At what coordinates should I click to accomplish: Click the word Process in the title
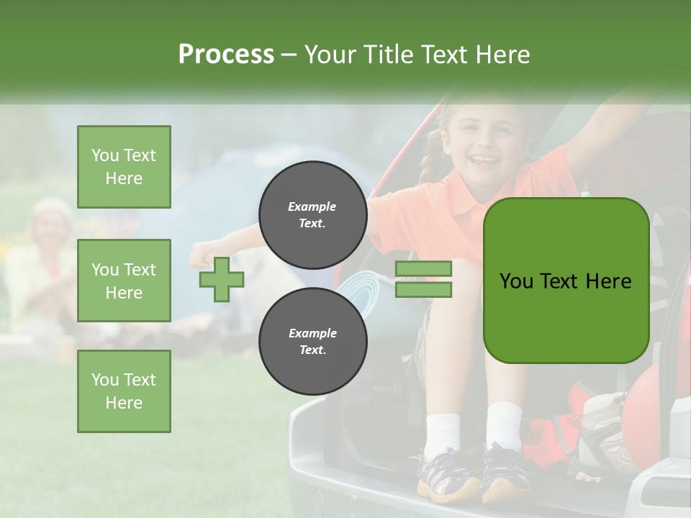click(x=226, y=55)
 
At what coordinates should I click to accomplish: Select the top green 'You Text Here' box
click(x=124, y=167)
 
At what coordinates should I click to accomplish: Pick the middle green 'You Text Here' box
click(x=124, y=281)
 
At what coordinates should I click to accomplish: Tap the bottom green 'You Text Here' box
click(x=124, y=391)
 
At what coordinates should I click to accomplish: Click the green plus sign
click(x=222, y=279)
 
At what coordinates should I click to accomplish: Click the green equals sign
click(x=423, y=279)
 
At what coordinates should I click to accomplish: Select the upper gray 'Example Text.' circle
click(x=312, y=214)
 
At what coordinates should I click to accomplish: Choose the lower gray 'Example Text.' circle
click(x=312, y=341)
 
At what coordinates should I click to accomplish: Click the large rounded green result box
click(x=566, y=281)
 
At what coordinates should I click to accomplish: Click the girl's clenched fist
click(x=202, y=254)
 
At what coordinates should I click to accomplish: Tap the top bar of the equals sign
click(x=423, y=269)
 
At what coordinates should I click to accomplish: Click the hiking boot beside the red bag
click(x=601, y=432)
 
